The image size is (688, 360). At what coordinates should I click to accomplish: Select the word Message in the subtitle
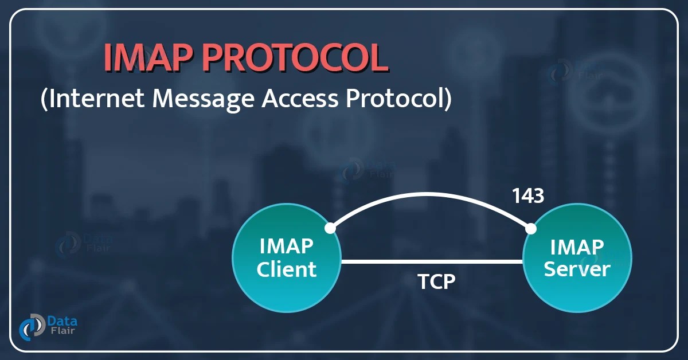pos(201,99)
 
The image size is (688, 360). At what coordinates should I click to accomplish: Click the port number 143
pos(527,196)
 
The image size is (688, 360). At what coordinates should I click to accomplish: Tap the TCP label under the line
pos(436,281)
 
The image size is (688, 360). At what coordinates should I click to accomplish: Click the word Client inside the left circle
pos(287,269)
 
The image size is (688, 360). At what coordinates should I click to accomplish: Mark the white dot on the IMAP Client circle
pos(330,228)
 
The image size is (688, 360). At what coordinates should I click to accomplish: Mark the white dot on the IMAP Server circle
pos(531,229)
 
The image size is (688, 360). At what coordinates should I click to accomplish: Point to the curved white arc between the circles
pos(430,195)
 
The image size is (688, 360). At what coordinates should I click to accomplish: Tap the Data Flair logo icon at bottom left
pos(32,327)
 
